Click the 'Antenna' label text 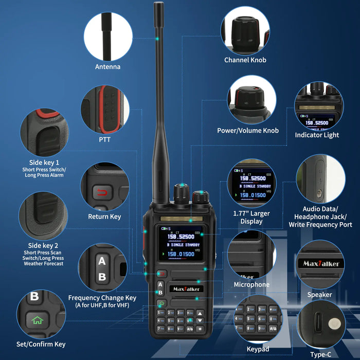pos(108,67)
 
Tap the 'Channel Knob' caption pos(245,60)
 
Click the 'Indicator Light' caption pos(317,135)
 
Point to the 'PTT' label pos(104,139)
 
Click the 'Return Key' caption pos(104,217)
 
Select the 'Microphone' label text pos(251,284)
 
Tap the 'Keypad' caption pos(258,349)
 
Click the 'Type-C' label pos(320,354)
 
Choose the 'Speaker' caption pos(319,295)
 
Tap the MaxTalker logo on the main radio pos(187,289)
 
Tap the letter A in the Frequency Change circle pos(101,261)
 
